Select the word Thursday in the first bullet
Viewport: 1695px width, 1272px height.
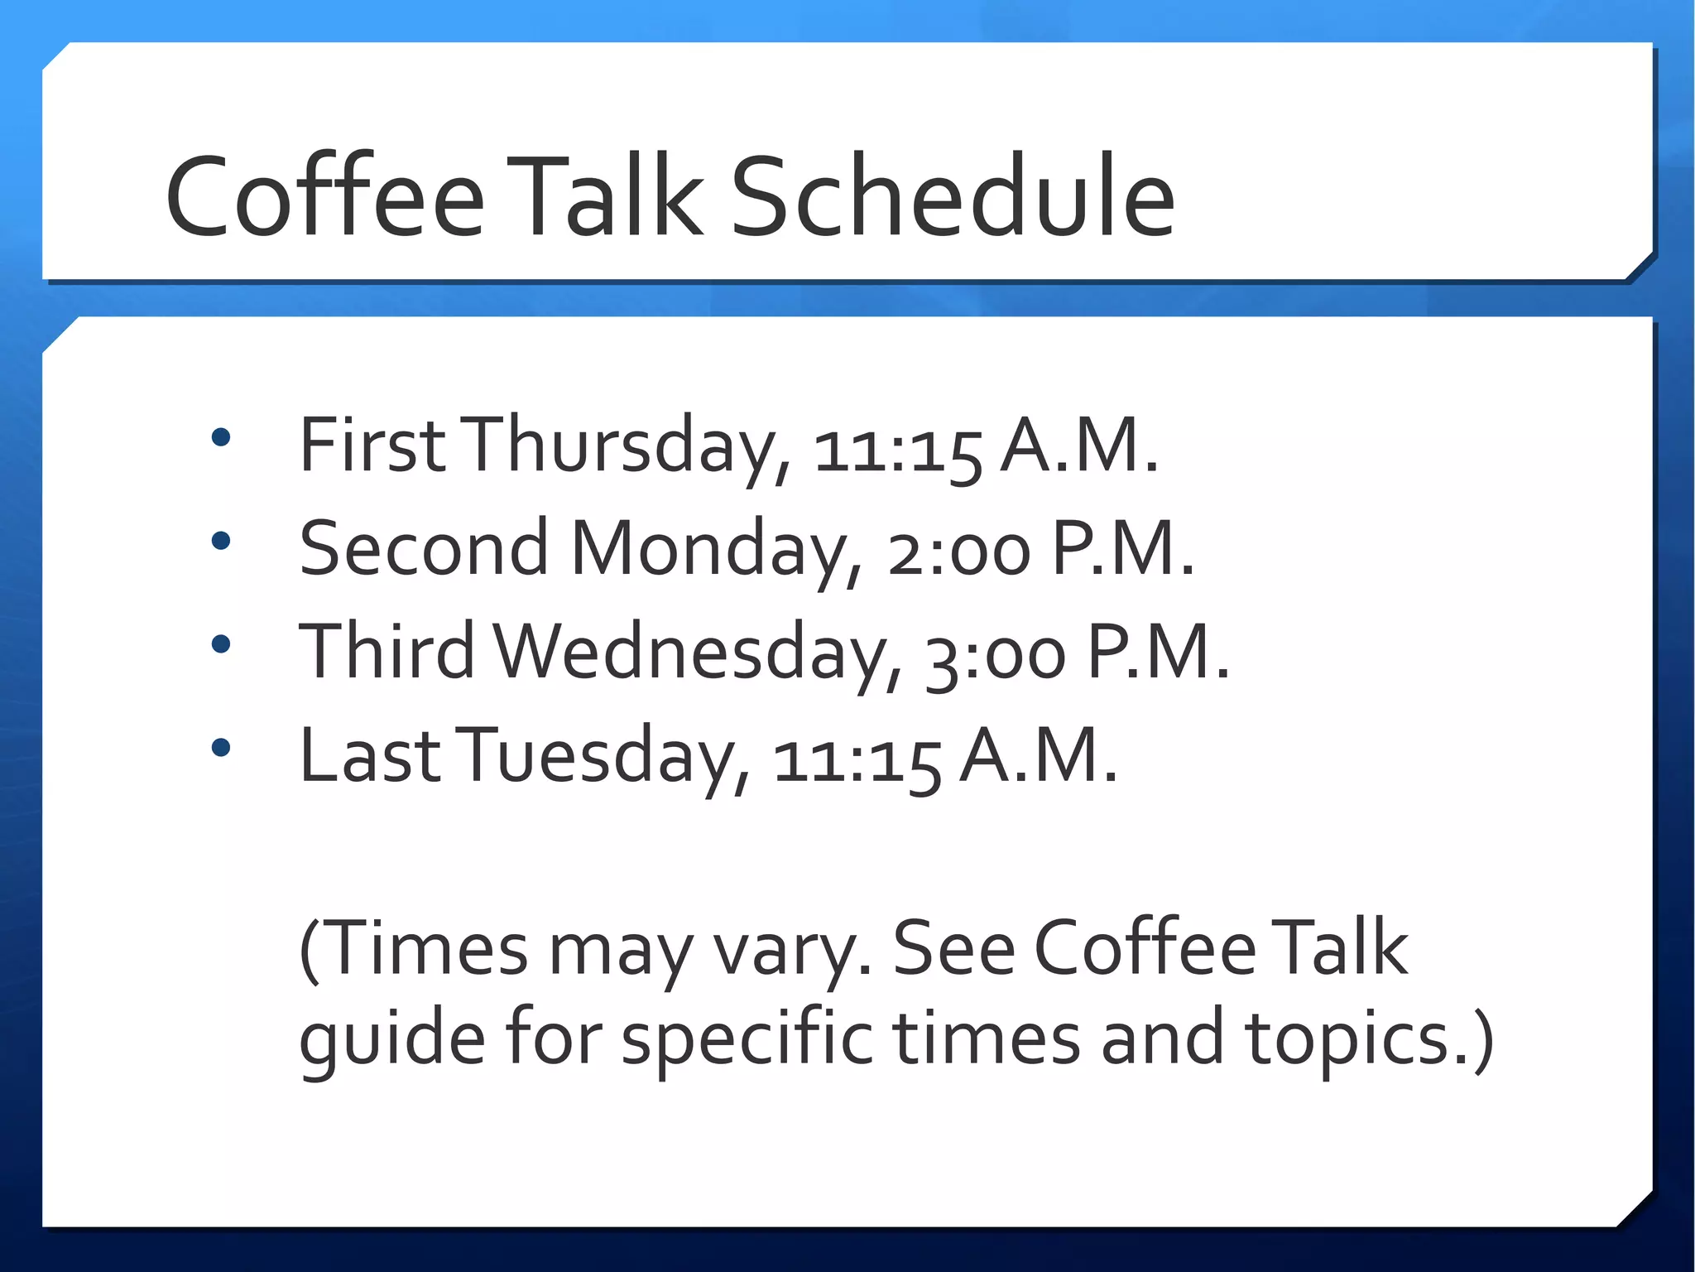tap(625, 447)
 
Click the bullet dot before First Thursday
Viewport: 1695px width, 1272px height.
tap(220, 437)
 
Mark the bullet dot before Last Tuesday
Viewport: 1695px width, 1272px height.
tap(220, 748)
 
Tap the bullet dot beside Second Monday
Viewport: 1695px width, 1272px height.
tap(220, 541)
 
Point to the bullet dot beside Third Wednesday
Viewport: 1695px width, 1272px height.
tap(220, 644)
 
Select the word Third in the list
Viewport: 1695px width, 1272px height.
tap(387, 652)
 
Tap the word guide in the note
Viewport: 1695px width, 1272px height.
tap(391, 1040)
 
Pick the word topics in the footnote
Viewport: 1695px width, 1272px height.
tap(1370, 1040)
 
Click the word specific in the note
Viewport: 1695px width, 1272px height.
tap(747, 1040)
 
